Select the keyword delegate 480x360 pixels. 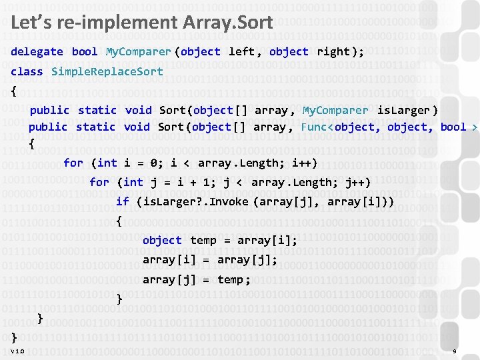pyautogui.click(x=37, y=51)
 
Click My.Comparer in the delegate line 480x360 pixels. pyautogui.click(x=138, y=51)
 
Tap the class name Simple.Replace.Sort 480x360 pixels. pyautogui.click(x=107, y=71)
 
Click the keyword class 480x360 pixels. pyautogui.click(x=27, y=71)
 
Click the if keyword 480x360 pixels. pyautogui.click(x=123, y=201)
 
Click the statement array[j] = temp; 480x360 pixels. pyautogui.click(x=197, y=279)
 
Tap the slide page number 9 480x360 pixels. pyautogui.click(x=454, y=351)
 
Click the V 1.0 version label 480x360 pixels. pyautogui.click(x=17, y=351)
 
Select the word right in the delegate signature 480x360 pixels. pyautogui.click(x=333, y=51)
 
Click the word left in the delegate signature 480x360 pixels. pyautogui.click(x=241, y=51)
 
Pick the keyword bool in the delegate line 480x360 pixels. pyautogui.click(x=85, y=51)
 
